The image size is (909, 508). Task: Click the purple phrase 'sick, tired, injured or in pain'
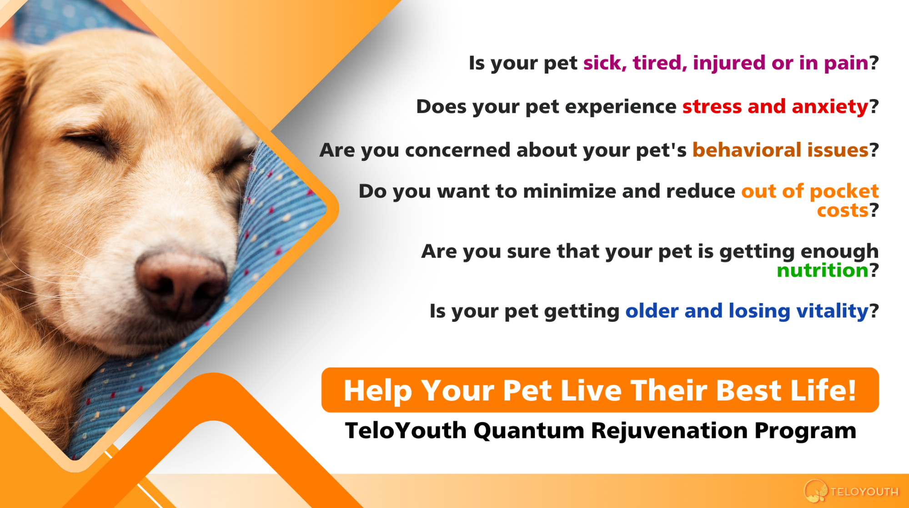coord(726,63)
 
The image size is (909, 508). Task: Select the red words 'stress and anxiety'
coord(775,107)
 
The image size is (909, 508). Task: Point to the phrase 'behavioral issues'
coord(780,150)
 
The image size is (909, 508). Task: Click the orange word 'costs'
coord(843,210)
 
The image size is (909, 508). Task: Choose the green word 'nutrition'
coord(823,270)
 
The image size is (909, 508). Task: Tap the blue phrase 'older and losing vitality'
coord(747,311)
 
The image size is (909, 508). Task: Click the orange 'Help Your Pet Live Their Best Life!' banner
coord(600,390)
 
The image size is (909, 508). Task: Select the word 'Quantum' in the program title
coord(529,430)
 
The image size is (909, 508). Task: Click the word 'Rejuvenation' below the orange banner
coord(669,431)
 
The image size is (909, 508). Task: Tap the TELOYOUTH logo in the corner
coord(851,491)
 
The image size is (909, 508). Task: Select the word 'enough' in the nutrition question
coord(839,252)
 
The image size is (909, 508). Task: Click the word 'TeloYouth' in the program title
coord(406,430)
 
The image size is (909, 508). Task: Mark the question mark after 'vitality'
coord(874,311)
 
